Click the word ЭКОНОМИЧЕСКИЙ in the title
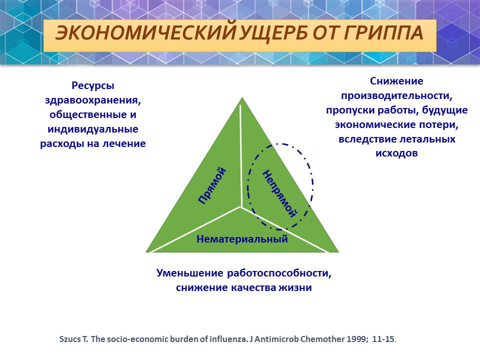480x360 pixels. click(146, 33)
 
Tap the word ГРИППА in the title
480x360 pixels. click(383, 32)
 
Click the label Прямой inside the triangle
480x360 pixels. click(212, 185)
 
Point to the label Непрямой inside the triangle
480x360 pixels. click(279, 193)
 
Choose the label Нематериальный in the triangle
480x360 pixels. click(242, 239)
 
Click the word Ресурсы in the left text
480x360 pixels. click(93, 86)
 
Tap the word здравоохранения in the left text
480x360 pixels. click(93, 100)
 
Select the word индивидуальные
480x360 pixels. click(93, 129)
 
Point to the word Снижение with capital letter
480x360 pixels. click(396, 81)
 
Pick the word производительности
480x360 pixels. click(396, 96)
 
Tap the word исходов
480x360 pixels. click(396, 153)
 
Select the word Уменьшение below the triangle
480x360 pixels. click(190, 273)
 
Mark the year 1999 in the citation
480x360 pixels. click(357, 339)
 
